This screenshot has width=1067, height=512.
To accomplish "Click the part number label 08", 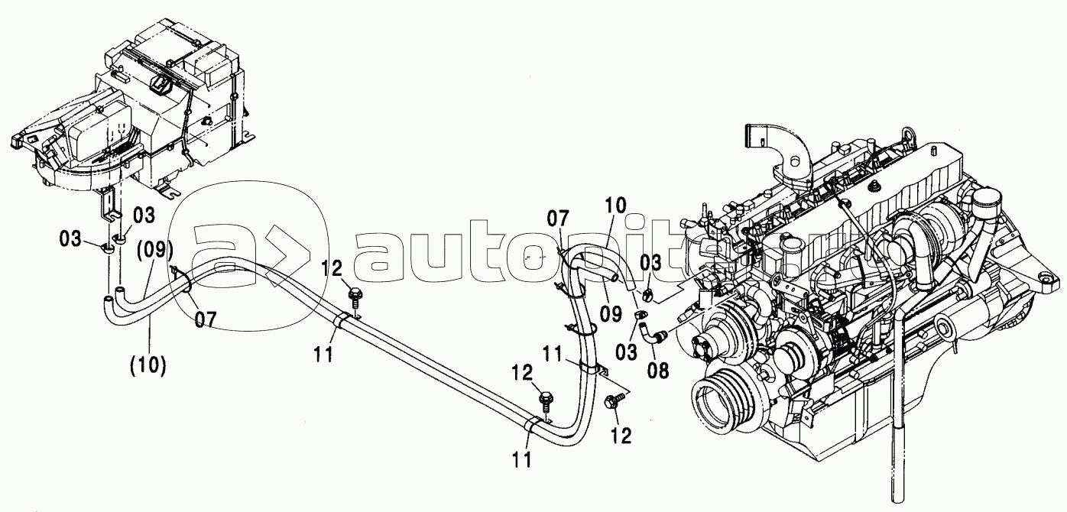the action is point(658,370).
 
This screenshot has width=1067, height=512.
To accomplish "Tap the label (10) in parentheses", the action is point(148,366).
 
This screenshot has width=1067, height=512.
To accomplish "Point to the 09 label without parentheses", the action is point(611,313).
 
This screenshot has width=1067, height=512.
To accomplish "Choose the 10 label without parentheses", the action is point(616,206).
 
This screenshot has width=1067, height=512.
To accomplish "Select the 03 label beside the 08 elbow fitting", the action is point(626,352).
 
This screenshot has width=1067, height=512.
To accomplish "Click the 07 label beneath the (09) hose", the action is point(206,319).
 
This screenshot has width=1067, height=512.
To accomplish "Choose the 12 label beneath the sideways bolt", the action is point(621,435).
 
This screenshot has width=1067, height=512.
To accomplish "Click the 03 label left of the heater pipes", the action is point(70,238).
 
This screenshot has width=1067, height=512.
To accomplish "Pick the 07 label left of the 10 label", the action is point(558,219).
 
